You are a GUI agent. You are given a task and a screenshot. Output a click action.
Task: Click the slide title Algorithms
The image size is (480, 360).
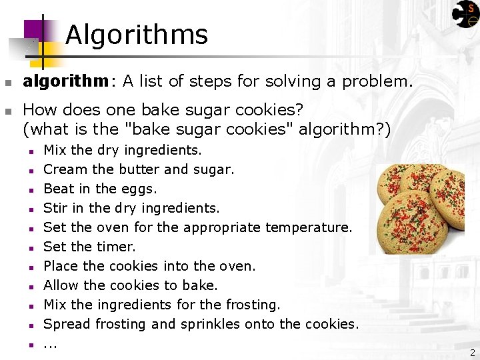click(x=137, y=35)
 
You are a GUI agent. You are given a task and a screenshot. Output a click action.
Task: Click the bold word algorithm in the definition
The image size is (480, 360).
click(x=65, y=81)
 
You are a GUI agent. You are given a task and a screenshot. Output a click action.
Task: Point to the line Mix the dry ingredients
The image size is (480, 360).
click(x=122, y=150)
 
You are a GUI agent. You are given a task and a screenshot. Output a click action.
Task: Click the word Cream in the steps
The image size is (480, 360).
click(x=62, y=169)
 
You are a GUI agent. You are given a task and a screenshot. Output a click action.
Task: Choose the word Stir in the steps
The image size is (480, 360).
click(x=55, y=208)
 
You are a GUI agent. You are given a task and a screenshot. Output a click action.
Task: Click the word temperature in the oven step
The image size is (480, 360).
click(x=308, y=227)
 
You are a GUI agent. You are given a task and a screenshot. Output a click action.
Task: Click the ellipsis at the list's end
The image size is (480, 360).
click(x=50, y=345)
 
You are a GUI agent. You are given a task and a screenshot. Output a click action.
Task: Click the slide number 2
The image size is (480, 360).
click(x=472, y=353)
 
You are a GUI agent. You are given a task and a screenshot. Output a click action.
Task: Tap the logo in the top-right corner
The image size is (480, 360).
click(x=465, y=14)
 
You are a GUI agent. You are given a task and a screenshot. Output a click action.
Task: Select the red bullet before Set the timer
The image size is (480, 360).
click(x=31, y=247)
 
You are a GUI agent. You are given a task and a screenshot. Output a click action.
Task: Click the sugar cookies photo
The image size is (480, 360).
click(x=420, y=208)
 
